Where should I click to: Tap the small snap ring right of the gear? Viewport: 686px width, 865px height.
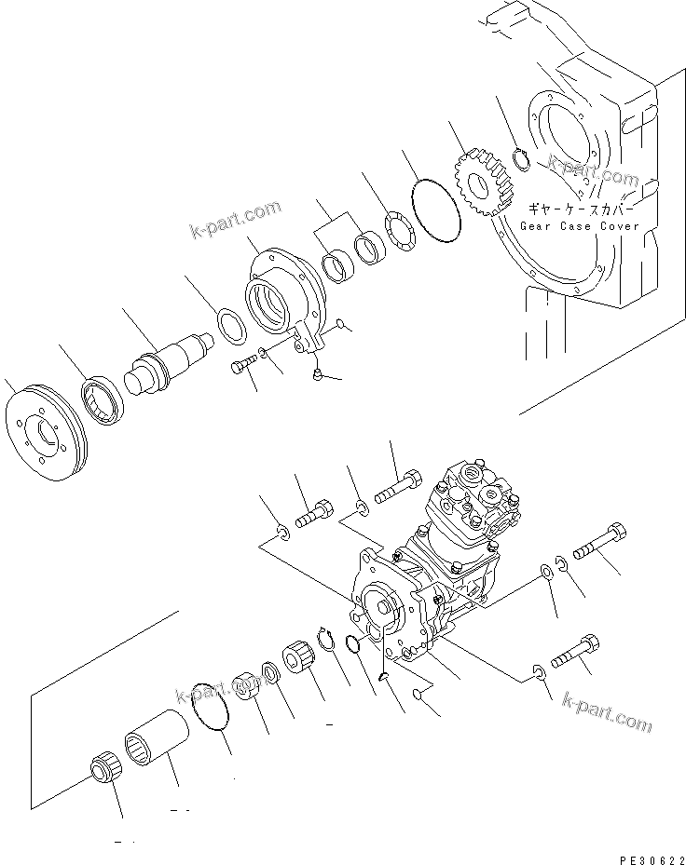tap(526, 159)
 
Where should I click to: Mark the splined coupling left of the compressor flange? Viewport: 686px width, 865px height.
tap(298, 656)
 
